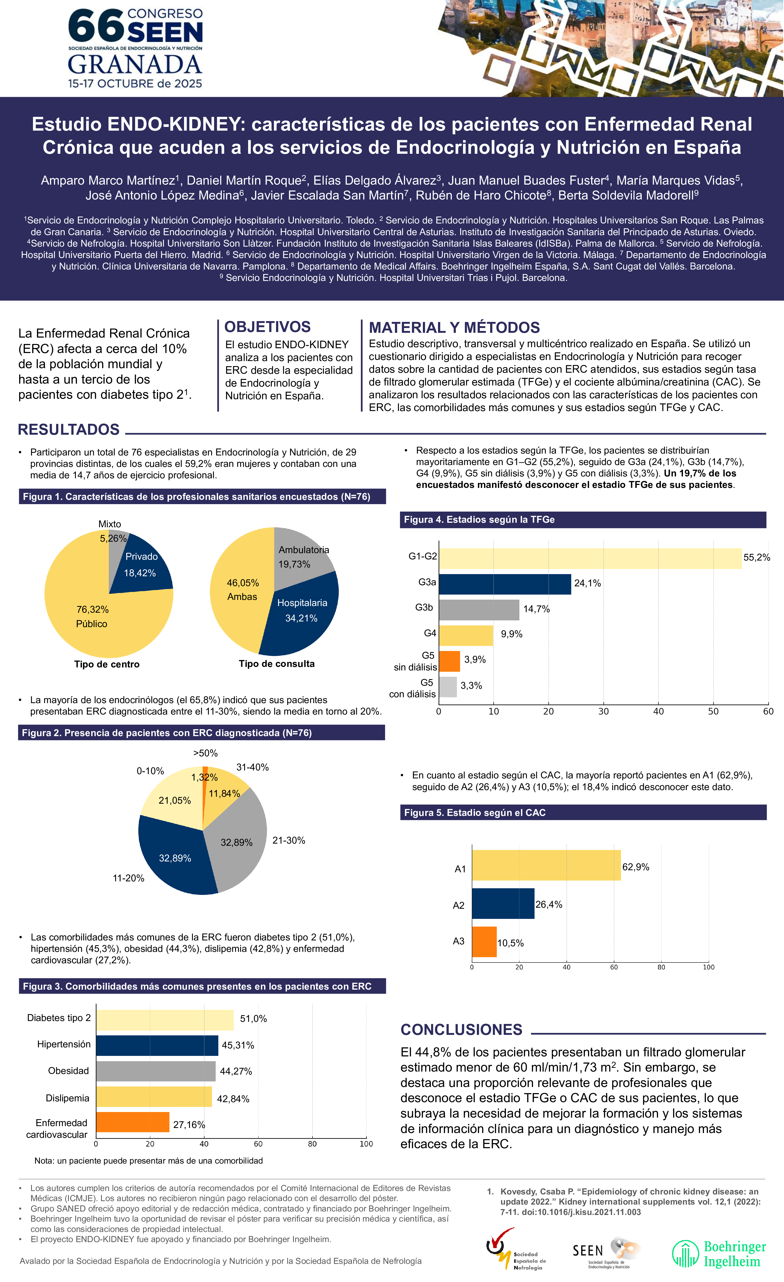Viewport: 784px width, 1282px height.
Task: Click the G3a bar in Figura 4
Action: (x=505, y=584)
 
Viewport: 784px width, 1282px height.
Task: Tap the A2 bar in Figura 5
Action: (x=503, y=903)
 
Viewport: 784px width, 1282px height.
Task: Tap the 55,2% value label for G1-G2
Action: (x=756, y=557)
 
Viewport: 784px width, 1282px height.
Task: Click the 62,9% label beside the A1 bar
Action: (x=636, y=867)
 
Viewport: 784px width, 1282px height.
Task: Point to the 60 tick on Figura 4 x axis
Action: (x=768, y=711)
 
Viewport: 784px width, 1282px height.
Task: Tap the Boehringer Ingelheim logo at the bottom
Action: (x=719, y=1253)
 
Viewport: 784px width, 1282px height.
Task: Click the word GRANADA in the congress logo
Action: (x=135, y=65)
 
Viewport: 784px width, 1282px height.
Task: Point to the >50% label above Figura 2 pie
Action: (x=206, y=753)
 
